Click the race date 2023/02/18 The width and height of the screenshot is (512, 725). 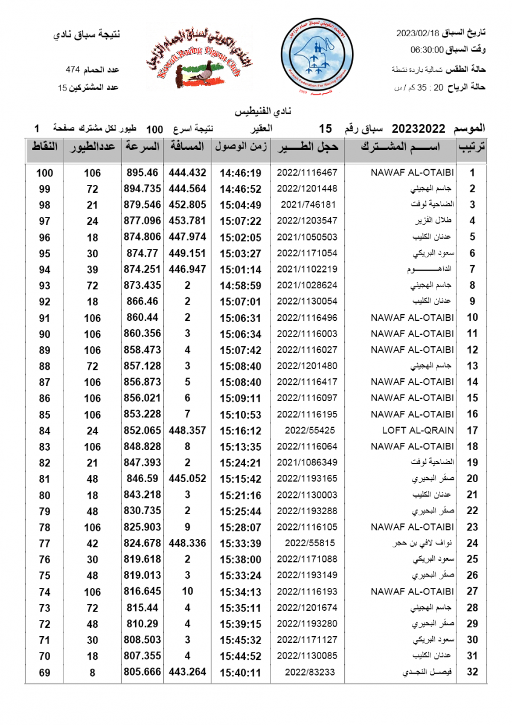point(417,33)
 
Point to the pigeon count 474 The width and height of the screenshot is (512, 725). point(74,71)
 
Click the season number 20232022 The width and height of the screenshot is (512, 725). point(419,129)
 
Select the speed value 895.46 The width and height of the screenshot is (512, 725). point(142,172)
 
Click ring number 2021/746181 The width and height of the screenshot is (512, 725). point(307,204)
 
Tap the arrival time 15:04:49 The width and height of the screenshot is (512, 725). point(240,204)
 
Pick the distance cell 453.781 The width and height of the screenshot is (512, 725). point(188,221)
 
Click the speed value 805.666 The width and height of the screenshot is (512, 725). point(142,672)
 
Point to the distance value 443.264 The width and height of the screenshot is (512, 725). point(188,672)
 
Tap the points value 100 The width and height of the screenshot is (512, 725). point(45,173)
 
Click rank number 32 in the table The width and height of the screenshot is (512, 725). point(472,672)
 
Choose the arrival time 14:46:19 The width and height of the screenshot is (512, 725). point(240,172)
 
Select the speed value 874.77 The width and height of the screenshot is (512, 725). point(142,253)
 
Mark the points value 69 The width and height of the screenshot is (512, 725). point(45,672)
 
